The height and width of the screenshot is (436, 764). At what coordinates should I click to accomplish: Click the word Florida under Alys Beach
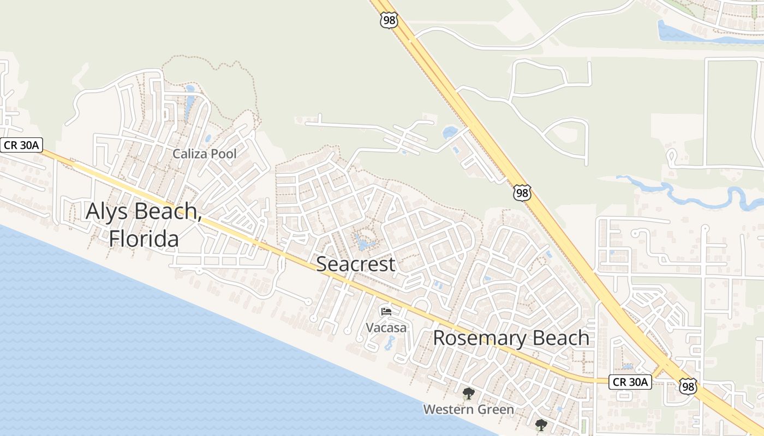pyautogui.click(x=144, y=238)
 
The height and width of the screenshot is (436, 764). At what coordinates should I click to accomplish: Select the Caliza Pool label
pyautogui.click(x=205, y=154)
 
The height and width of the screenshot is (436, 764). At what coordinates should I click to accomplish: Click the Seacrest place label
pyautogui.click(x=355, y=264)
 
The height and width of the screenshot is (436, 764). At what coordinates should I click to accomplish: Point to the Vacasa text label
pyautogui.click(x=386, y=328)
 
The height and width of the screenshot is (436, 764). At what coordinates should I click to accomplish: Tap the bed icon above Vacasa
pyautogui.click(x=386, y=312)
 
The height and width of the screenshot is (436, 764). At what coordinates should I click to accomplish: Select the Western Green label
pyautogui.click(x=468, y=409)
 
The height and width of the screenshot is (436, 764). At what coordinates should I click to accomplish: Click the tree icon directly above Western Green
pyautogui.click(x=468, y=393)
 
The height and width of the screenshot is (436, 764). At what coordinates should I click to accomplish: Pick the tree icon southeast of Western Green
pyautogui.click(x=541, y=425)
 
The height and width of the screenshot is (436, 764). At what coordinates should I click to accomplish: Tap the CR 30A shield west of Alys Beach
pyautogui.click(x=21, y=145)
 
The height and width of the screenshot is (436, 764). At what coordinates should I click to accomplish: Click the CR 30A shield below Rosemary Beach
pyautogui.click(x=630, y=382)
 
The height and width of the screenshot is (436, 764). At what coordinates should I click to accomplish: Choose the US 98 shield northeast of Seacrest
pyautogui.click(x=522, y=193)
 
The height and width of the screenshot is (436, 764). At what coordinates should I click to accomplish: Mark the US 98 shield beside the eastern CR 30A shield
pyautogui.click(x=688, y=386)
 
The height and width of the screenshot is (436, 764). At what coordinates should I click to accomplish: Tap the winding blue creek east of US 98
pyautogui.click(x=688, y=192)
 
